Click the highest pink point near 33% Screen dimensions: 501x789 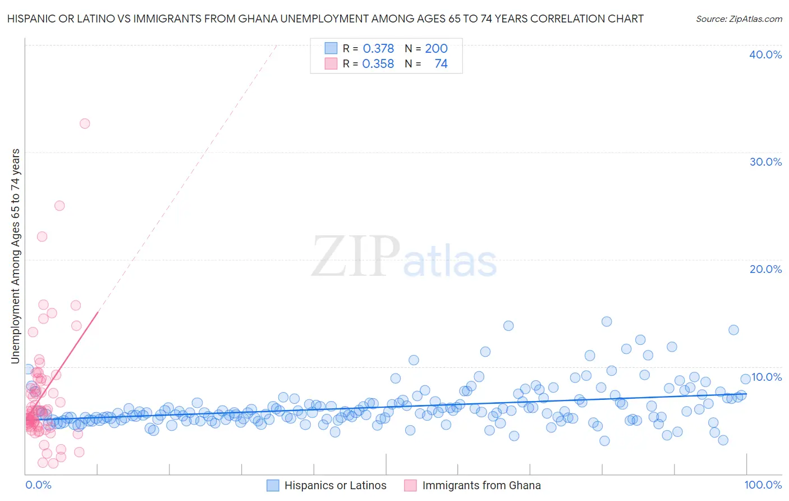[x=85, y=124]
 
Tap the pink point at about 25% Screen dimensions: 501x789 [x=59, y=206]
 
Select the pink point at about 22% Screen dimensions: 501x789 [x=42, y=236]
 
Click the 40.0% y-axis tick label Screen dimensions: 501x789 [x=765, y=54]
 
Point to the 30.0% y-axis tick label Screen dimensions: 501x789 [x=765, y=162]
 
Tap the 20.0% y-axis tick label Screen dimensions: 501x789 [x=765, y=269]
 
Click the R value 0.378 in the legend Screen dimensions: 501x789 [x=378, y=49]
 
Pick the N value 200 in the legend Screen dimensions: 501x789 [x=436, y=49]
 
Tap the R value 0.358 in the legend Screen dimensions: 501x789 [x=378, y=64]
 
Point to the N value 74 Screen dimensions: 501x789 [x=441, y=64]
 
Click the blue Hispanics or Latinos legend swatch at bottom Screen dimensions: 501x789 [x=273, y=486]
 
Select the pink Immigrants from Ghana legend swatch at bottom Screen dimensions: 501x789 [x=411, y=486]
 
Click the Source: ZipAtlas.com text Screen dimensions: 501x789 [x=738, y=19]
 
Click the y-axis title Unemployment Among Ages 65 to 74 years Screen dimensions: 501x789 [x=16, y=256]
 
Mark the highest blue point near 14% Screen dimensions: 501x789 [x=607, y=322]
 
